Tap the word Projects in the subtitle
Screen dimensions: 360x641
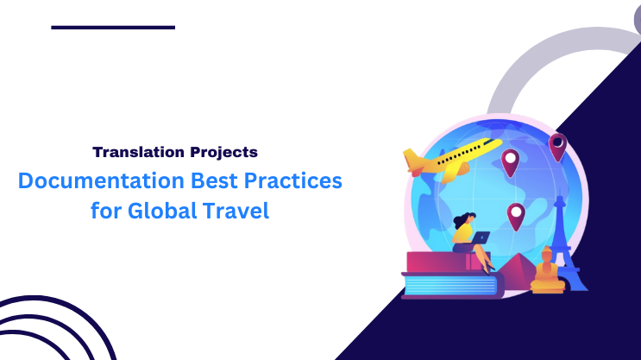221,153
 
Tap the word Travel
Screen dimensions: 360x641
236,211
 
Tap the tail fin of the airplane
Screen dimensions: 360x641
413,161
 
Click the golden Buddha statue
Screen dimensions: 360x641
546,271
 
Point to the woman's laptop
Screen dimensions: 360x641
480,237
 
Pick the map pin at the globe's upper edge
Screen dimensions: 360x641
558,145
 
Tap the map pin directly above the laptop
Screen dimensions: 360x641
515,214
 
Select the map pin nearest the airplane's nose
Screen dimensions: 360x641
511,161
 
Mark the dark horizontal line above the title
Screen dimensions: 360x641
113,28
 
